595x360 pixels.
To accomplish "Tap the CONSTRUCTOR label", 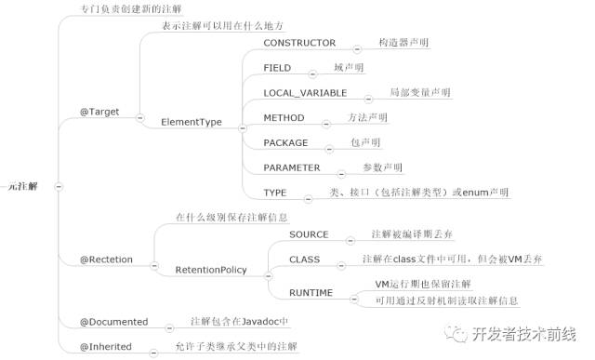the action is pos(299,44).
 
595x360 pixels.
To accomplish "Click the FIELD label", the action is pos(277,68).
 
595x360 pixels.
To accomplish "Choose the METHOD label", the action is pos(283,118).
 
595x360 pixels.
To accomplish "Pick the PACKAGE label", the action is pos(286,143).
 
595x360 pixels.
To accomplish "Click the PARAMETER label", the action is pos(291,168).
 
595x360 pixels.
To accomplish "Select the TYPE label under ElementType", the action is pos(274,193).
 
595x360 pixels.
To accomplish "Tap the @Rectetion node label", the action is pos(107,259).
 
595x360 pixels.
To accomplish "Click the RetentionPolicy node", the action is pos(211,270).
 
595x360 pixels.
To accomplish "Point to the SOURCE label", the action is pos(309,233).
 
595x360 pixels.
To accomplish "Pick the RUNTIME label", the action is pos(311,292).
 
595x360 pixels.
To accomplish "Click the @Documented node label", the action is pos(114,321).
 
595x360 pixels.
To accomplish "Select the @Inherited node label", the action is pos(106,346).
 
